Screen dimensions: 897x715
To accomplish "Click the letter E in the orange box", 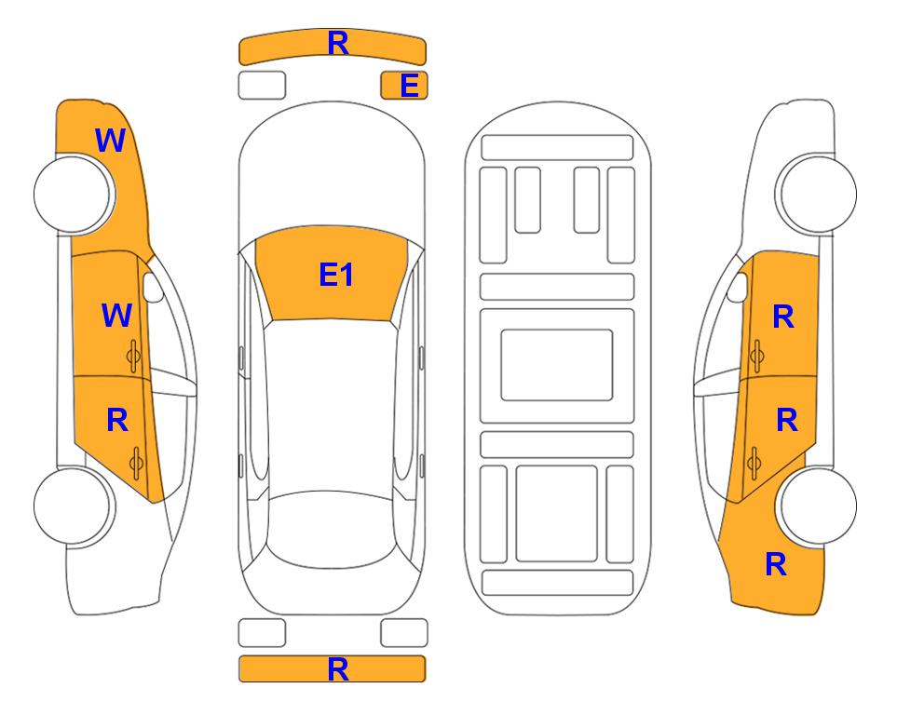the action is [x=409, y=86].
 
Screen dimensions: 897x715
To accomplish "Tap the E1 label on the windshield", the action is [x=336, y=275].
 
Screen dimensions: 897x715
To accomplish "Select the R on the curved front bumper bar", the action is [x=337, y=44].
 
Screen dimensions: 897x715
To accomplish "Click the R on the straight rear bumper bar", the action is [x=337, y=669].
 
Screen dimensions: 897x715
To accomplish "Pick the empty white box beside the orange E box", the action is [x=262, y=86].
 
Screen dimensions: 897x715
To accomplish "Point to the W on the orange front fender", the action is [x=110, y=141].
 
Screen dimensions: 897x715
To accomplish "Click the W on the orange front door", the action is [x=116, y=316].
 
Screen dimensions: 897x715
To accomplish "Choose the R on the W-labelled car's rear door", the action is [x=117, y=421].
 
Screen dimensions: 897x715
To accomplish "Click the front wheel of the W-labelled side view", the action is [x=73, y=194].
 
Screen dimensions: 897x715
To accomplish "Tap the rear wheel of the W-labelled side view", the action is [x=73, y=506].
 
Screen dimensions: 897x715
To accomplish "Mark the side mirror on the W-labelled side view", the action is [x=153, y=287].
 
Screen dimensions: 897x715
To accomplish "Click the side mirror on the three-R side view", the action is [x=738, y=287].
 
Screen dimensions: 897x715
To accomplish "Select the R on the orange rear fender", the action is [x=776, y=564].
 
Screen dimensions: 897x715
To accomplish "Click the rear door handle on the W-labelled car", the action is [x=136, y=463].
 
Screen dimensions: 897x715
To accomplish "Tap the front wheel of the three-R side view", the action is [x=816, y=194].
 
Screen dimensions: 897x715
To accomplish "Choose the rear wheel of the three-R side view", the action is [x=818, y=506].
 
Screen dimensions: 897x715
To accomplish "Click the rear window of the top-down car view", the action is [x=332, y=529].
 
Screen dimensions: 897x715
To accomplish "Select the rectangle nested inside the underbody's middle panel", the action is [x=557, y=365].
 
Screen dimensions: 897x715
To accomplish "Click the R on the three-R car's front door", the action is [x=783, y=317].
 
